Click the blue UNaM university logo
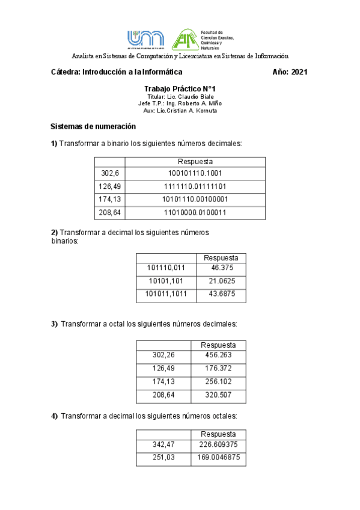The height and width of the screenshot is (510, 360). (145, 39)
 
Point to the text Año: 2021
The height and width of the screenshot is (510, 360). (290, 72)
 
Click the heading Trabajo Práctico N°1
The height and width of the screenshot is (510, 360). (180, 88)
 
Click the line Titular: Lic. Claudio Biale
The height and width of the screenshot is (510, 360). (180, 97)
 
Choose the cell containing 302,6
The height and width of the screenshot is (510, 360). (109, 173)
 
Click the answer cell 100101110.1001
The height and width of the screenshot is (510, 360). (195, 173)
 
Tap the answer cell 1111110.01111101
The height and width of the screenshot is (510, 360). (195, 186)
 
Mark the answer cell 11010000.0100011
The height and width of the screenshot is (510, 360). (195, 212)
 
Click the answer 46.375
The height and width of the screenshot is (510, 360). (221, 268)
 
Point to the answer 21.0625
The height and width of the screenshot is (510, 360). (221, 281)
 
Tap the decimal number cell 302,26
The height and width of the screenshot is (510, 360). (163, 355)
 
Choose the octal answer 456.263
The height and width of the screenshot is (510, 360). (219, 355)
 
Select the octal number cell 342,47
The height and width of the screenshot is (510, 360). (163, 445)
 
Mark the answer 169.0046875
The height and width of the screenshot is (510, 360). (219, 458)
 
